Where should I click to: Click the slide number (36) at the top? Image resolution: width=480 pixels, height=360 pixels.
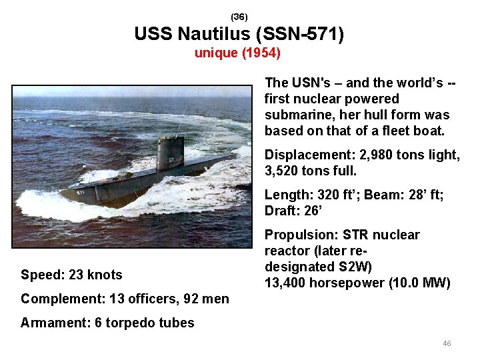(239, 16)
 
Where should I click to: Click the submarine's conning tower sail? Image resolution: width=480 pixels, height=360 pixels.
(169, 153)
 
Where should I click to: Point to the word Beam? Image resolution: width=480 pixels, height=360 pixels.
(382, 195)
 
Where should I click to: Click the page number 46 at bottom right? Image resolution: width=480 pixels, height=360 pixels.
(447, 343)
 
